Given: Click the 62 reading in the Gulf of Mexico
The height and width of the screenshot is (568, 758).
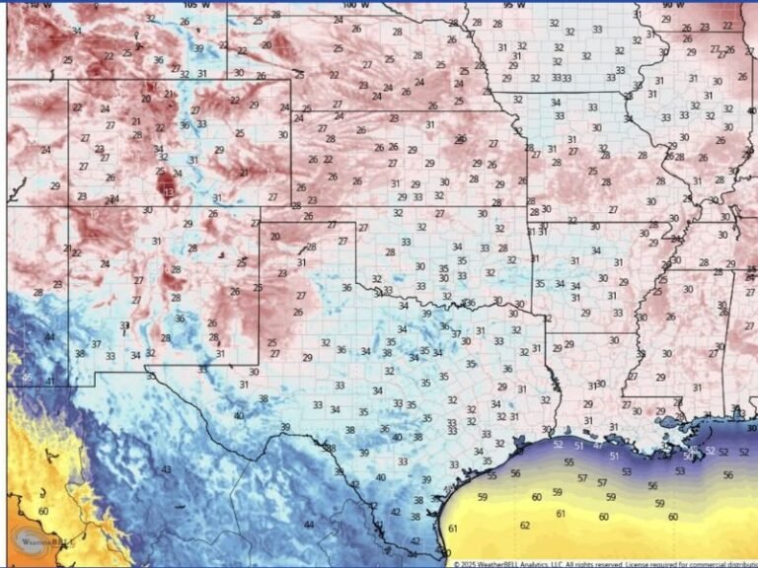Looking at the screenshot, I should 524,526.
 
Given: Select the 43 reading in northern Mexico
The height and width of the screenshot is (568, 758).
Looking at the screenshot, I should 166,469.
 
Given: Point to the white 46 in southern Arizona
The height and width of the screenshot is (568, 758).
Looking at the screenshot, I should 27,379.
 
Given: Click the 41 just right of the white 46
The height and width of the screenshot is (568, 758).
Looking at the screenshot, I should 49,381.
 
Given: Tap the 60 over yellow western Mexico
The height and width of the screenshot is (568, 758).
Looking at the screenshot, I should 43,511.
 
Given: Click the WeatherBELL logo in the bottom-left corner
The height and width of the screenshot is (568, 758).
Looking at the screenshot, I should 36,539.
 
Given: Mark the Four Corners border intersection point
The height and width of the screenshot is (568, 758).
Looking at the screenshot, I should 68,206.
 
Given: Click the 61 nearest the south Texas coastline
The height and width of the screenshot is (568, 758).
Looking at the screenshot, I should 452,529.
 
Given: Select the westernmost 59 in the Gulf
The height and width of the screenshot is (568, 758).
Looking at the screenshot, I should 482,497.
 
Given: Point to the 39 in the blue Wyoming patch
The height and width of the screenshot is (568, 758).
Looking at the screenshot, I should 199,47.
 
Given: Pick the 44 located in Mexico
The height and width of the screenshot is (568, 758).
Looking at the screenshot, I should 309,525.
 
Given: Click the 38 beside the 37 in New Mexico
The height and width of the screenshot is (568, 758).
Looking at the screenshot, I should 79,353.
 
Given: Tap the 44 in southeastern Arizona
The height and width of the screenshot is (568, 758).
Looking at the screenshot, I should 49,337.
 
